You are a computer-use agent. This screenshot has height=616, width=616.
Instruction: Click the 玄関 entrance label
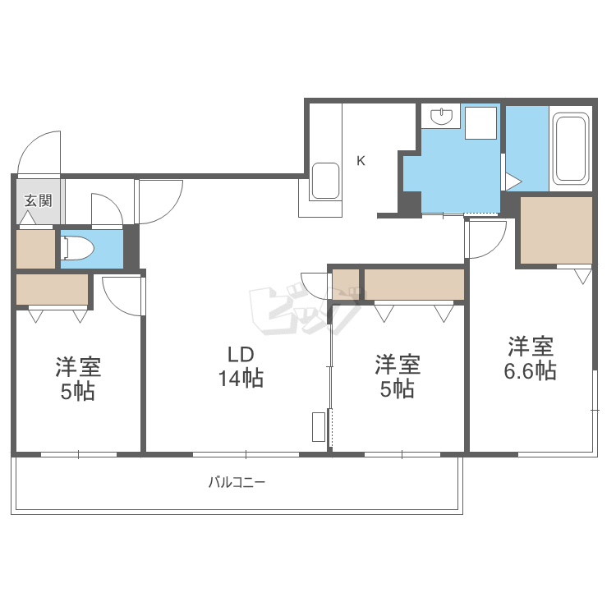pos(38,200)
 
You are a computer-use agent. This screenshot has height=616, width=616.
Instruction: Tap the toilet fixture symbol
pos(78,248)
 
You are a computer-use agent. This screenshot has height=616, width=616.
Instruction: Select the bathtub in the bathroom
pos(570,149)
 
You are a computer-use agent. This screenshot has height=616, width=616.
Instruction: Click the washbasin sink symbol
pos(441,116)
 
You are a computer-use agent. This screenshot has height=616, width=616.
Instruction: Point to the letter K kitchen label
pos(361,161)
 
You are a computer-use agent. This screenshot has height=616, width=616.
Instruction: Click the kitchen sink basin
pos(325,182)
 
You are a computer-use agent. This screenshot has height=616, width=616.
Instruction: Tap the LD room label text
pos(241,354)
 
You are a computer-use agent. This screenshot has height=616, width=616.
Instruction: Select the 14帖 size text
pos(241,379)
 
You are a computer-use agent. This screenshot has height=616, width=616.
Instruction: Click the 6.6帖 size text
pos(530,370)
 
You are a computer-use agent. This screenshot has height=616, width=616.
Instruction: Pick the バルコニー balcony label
pos(237,482)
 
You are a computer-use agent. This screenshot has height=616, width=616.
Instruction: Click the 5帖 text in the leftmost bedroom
pos(78,392)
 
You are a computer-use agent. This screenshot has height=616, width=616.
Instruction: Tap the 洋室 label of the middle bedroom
pos(398,365)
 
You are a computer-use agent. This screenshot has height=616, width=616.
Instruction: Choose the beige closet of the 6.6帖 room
pos(556,230)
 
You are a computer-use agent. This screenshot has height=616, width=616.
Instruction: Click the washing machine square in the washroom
pos(480,123)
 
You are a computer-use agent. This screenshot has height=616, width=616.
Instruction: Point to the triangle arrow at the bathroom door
pos(513,182)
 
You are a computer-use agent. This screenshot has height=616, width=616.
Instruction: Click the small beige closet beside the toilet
pos(35,249)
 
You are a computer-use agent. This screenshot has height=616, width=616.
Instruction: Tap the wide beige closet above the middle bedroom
pos(414,284)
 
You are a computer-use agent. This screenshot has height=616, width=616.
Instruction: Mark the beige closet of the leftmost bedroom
pos(52,289)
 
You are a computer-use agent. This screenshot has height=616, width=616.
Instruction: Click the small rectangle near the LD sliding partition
pos(319,426)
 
